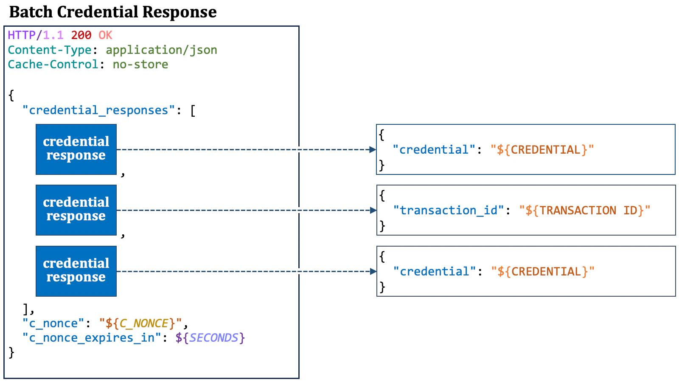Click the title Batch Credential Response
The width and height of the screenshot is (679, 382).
[x=113, y=12]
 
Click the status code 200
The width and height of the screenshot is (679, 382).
[x=81, y=35]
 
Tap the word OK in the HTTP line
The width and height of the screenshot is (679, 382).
[x=105, y=35]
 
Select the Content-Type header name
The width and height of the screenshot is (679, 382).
[x=50, y=50]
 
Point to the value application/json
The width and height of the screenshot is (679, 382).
[x=161, y=50]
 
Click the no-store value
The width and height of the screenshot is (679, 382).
[x=140, y=65]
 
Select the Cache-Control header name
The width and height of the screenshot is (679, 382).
[x=53, y=65]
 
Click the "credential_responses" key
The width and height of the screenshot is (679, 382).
[x=98, y=110]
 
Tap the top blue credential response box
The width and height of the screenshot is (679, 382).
[x=76, y=149]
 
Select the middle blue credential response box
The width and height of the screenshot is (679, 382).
[x=76, y=210]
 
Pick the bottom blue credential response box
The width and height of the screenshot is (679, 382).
[x=76, y=271]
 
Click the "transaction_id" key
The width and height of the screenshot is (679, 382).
[x=449, y=211]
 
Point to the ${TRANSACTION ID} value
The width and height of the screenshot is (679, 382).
[x=584, y=211]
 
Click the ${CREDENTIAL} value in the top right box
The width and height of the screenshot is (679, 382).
[x=542, y=150]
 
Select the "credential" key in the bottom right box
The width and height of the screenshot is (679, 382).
[x=435, y=272]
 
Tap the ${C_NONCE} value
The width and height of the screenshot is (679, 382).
[x=140, y=323]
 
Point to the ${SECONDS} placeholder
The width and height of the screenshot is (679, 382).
[x=210, y=338]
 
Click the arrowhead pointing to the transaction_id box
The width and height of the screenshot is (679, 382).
[x=373, y=210]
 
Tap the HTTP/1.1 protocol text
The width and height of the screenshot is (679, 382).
[x=36, y=35]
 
